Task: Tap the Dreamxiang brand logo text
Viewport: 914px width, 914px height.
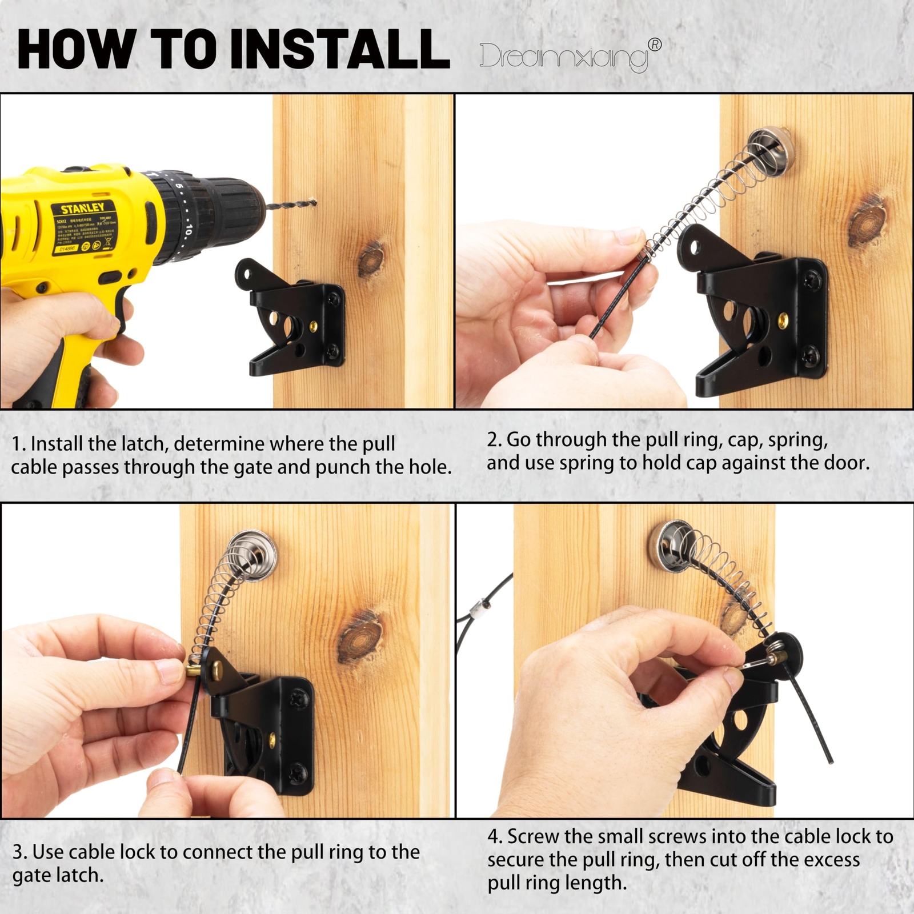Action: point(563,57)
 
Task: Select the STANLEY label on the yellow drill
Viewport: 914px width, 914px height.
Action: point(83,208)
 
